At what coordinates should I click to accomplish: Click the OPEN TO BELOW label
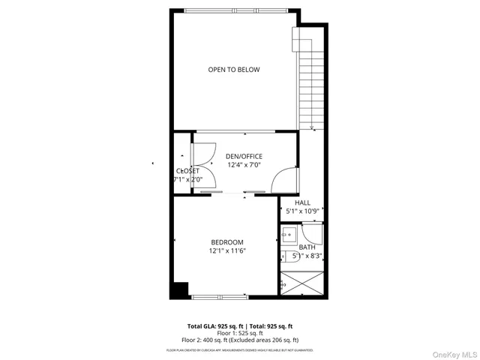234,70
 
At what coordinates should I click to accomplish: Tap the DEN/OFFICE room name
244,156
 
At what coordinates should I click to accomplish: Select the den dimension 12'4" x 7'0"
244,164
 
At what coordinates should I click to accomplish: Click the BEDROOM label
226,241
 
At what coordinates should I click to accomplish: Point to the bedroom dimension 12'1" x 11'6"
227,250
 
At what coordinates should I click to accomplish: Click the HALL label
302,202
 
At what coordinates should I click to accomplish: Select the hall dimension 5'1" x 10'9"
302,211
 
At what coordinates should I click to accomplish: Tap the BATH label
307,247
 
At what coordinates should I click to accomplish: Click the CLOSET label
187,171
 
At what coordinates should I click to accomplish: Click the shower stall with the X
304,284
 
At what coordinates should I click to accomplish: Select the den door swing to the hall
284,181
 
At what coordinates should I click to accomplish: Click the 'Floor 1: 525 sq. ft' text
239,334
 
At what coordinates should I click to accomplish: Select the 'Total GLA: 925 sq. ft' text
212,326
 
